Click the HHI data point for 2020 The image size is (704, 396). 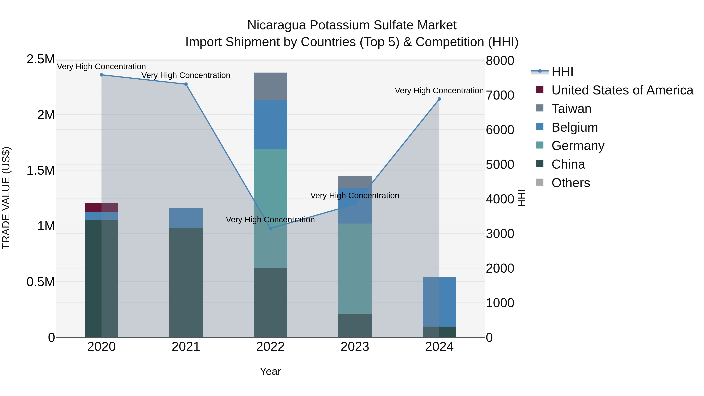[x=101, y=75]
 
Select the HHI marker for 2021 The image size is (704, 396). [x=186, y=84]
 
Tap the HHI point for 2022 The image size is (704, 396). [x=270, y=228]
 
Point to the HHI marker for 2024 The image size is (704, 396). [x=439, y=99]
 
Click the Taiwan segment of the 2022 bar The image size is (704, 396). [x=270, y=86]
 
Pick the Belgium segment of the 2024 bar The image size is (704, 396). [x=439, y=302]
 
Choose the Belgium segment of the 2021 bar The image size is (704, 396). [x=186, y=218]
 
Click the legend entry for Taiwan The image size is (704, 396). [x=571, y=109]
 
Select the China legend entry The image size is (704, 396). [x=568, y=164]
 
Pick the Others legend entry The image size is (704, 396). [x=570, y=183]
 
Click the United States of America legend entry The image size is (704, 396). [x=622, y=90]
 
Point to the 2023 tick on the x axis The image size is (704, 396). [x=355, y=347]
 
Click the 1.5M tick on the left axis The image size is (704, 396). [x=40, y=171]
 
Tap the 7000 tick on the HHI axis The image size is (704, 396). [x=500, y=95]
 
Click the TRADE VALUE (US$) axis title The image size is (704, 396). [x=6, y=198]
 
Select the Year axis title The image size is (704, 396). [x=270, y=371]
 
